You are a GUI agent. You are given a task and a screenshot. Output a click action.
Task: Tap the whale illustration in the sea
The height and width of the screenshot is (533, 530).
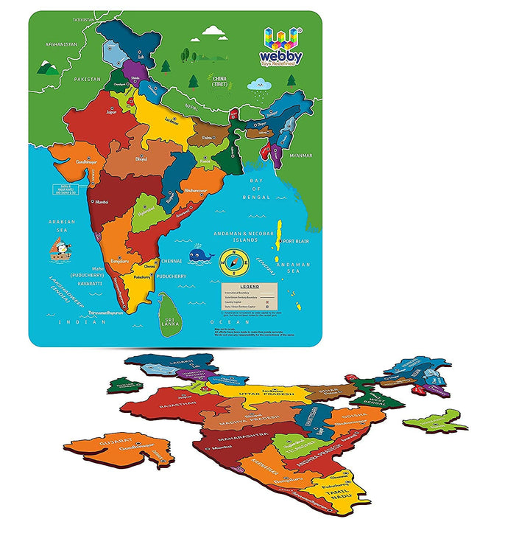[x=199, y=256]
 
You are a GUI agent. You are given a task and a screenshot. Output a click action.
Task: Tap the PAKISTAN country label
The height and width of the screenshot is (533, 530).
[x=86, y=78]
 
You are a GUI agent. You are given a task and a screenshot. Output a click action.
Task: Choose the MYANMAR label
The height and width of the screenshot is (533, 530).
[x=300, y=156]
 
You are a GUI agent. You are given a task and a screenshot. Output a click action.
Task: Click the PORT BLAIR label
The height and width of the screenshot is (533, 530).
[x=299, y=240]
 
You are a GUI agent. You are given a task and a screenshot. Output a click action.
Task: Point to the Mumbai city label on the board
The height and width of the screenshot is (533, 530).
[x=102, y=201]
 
